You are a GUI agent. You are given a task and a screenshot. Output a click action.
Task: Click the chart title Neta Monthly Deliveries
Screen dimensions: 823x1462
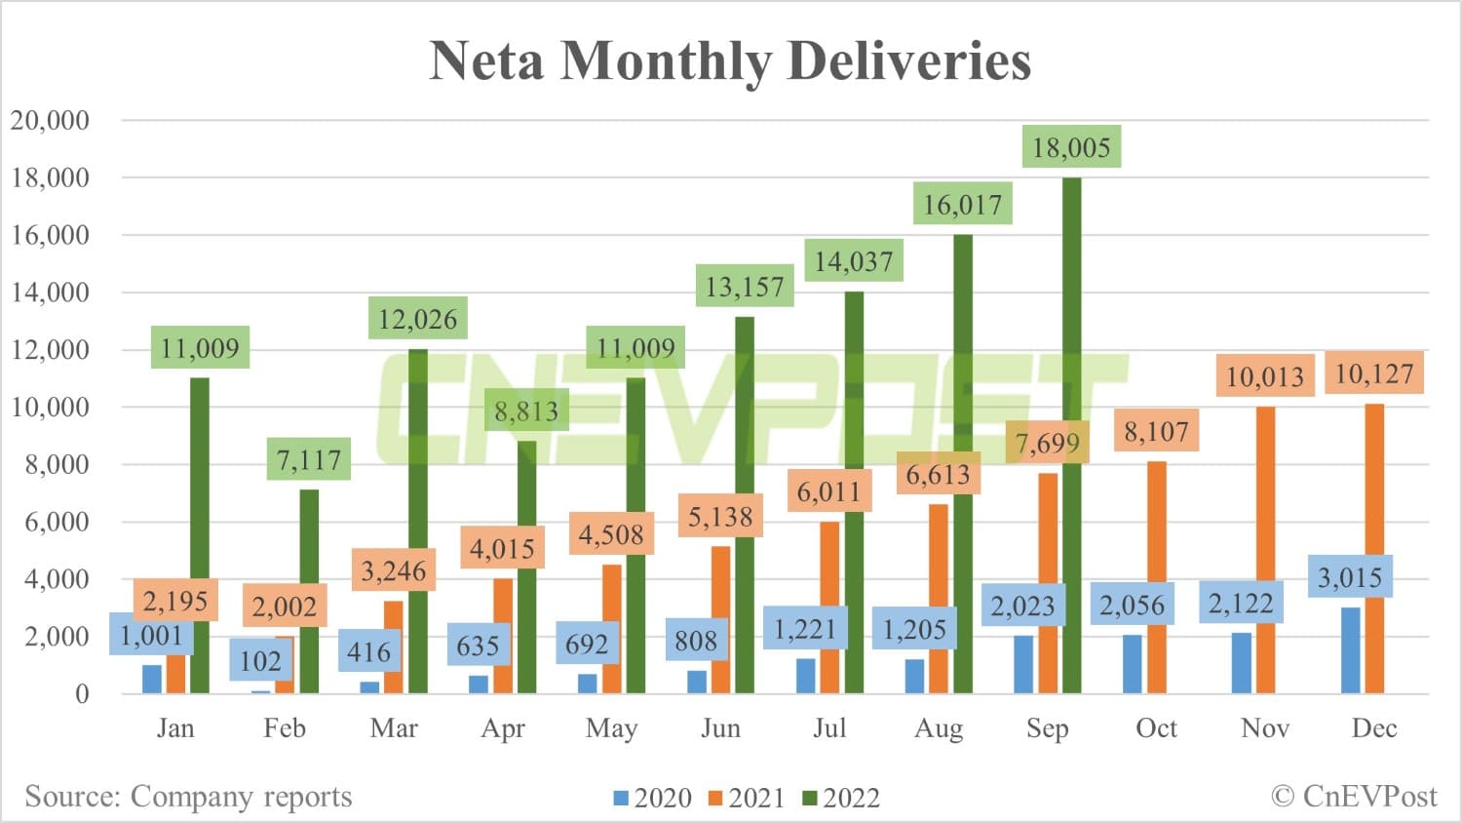tap(730, 60)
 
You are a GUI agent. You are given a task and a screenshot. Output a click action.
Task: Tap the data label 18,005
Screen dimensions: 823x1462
tap(1071, 147)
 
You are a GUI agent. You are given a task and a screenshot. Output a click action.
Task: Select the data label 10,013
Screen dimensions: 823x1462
tap(1264, 376)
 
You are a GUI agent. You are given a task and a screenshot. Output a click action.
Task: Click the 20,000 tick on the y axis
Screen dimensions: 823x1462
tap(50, 120)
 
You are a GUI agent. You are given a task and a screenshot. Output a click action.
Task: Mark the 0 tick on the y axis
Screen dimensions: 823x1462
tap(82, 693)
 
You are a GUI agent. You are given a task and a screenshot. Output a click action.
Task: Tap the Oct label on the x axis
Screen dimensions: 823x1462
tap(1156, 728)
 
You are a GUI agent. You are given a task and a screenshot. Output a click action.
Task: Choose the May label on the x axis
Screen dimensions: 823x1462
tap(612, 728)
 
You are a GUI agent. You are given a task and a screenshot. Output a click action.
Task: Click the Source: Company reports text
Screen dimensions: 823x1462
tap(188, 797)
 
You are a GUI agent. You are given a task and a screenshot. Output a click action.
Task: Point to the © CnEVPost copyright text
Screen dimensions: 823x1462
tap(1354, 797)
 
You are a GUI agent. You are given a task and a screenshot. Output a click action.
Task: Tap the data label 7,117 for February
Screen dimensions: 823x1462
tap(309, 459)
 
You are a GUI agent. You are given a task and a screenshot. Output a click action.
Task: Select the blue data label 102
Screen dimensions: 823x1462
tap(260, 661)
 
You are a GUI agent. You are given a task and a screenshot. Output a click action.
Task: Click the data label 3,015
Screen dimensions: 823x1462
tap(1350, 577)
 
